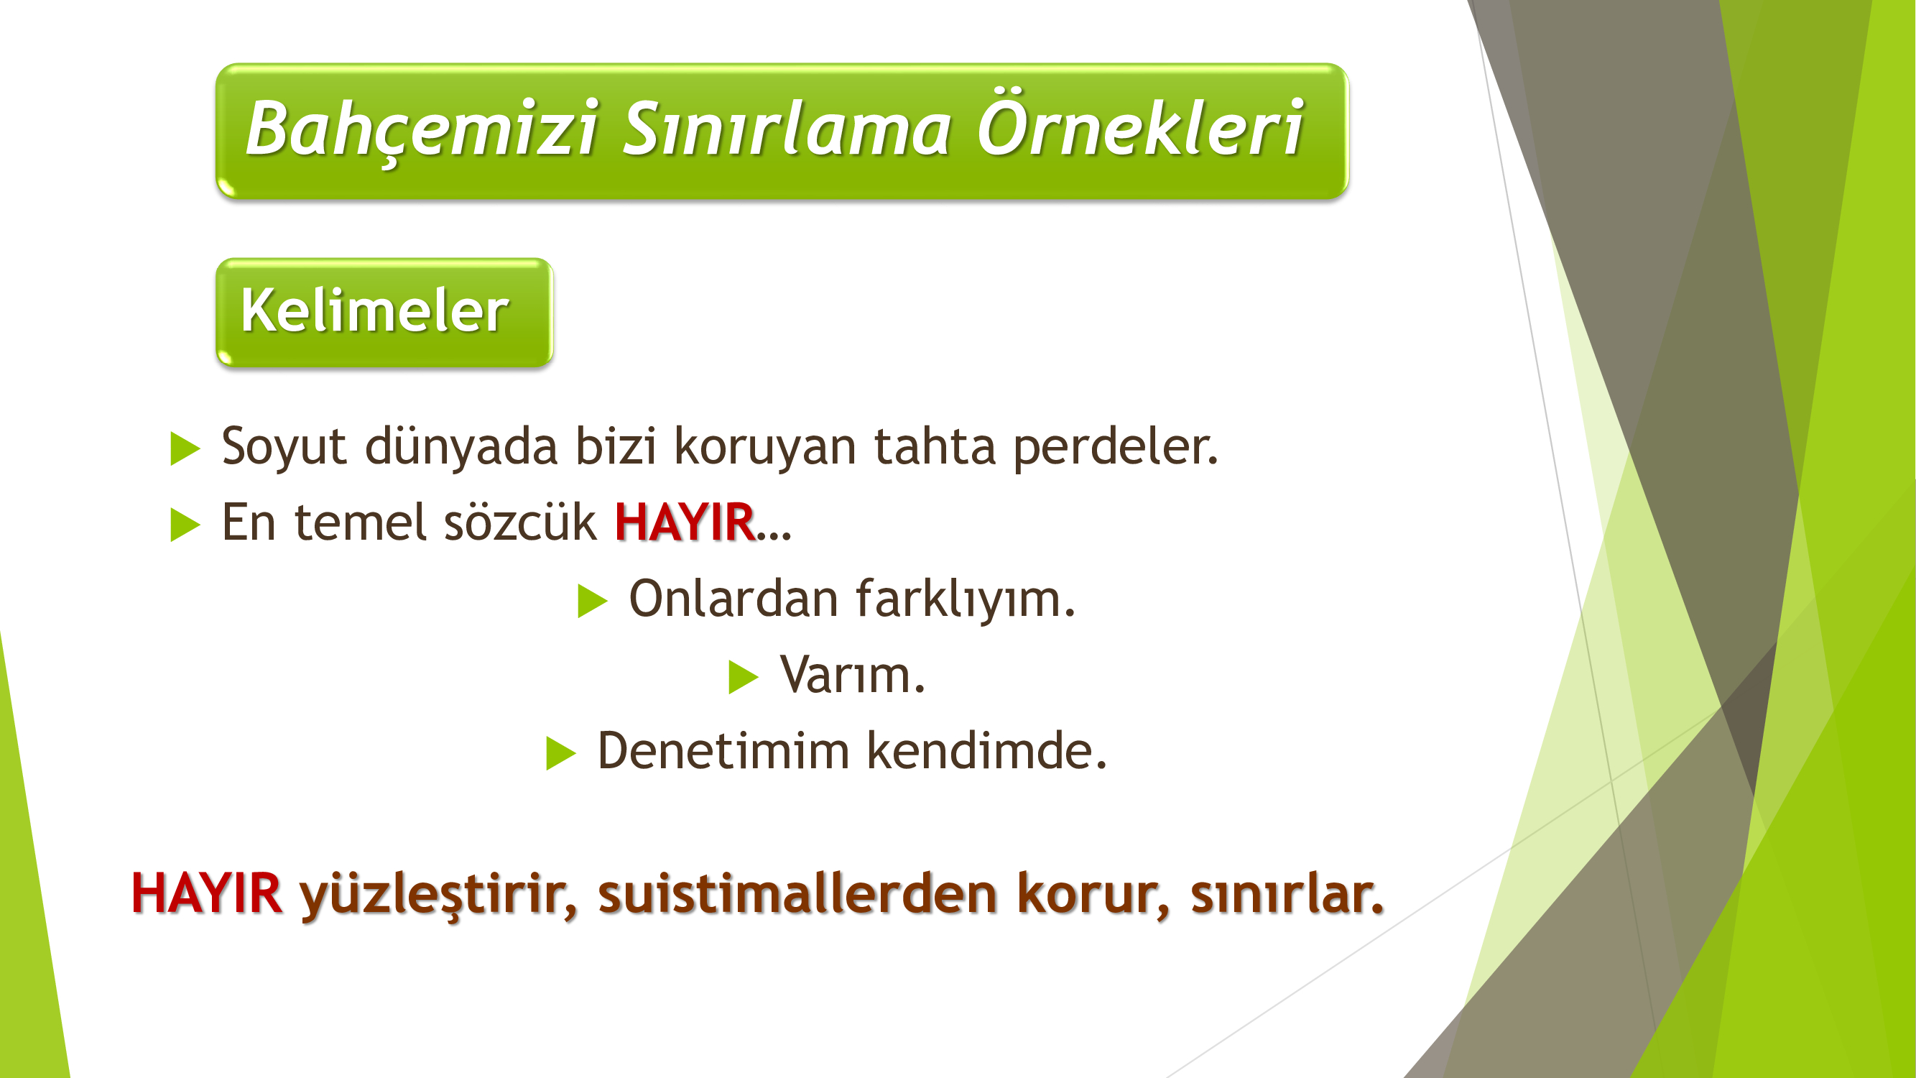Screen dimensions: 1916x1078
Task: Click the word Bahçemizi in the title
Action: [422, 129]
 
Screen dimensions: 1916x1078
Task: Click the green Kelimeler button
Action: [384, 313]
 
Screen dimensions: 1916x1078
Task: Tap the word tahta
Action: [934, 446]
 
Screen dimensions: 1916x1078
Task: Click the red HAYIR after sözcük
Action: [684, 522]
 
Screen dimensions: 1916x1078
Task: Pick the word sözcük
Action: [520, 522]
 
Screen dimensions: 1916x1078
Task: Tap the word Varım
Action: [852, 676]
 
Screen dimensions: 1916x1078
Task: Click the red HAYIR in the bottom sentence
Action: [206, 893]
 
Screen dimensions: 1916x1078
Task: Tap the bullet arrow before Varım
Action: [743, 677]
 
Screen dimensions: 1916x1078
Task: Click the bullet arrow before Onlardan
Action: [593, 601]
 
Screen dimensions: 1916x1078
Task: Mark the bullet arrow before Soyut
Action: [185, 448]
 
